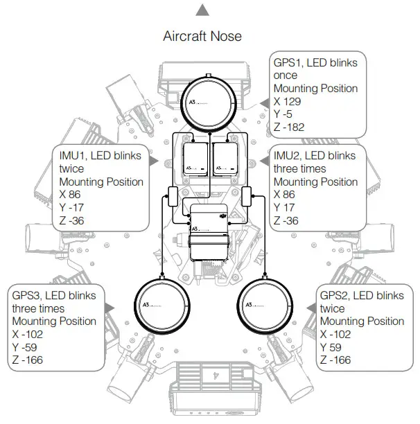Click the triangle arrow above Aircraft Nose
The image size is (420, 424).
click(x=202, y=10)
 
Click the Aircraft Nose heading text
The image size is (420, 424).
click(x=202, y=35)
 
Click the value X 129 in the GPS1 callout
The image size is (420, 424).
click(x=290, y=101)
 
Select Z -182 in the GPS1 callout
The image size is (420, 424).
click(x=291, y=127)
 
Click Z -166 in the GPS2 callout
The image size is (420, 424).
click(x=335, y=360)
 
